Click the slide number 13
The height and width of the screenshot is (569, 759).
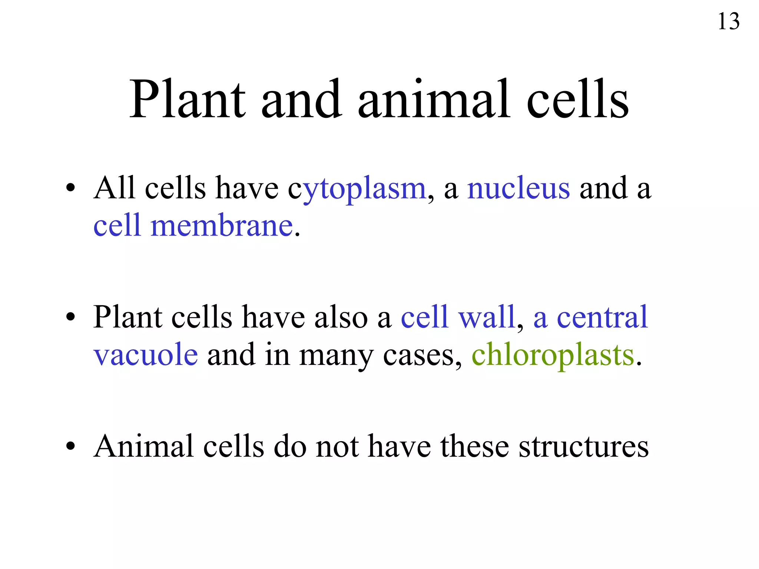pos(728,21)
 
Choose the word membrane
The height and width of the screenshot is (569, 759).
pos(222,226)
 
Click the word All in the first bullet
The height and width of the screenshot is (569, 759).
pos(114,188)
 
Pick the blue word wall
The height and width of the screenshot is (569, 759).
pos(487,317)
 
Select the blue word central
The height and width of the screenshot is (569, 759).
pos(602,317)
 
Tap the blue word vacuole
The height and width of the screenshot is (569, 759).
pos(146,355)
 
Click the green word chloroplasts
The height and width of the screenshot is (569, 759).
pos(553,355)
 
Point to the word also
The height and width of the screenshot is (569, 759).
pos(341,317)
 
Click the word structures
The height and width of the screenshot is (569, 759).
pos(584,447)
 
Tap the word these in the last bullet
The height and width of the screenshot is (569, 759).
pos(475,447)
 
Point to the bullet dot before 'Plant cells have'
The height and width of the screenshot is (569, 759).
pos(70,317)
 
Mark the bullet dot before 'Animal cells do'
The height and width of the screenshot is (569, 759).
pos(70,447)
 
